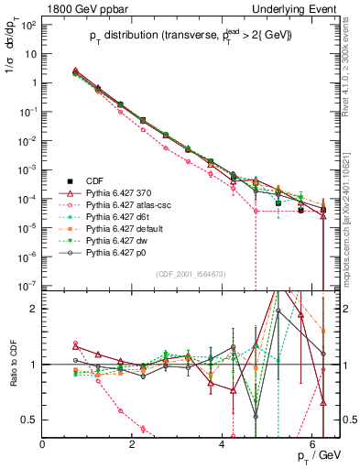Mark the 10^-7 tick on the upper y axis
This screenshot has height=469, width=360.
(x=27, y=286)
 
